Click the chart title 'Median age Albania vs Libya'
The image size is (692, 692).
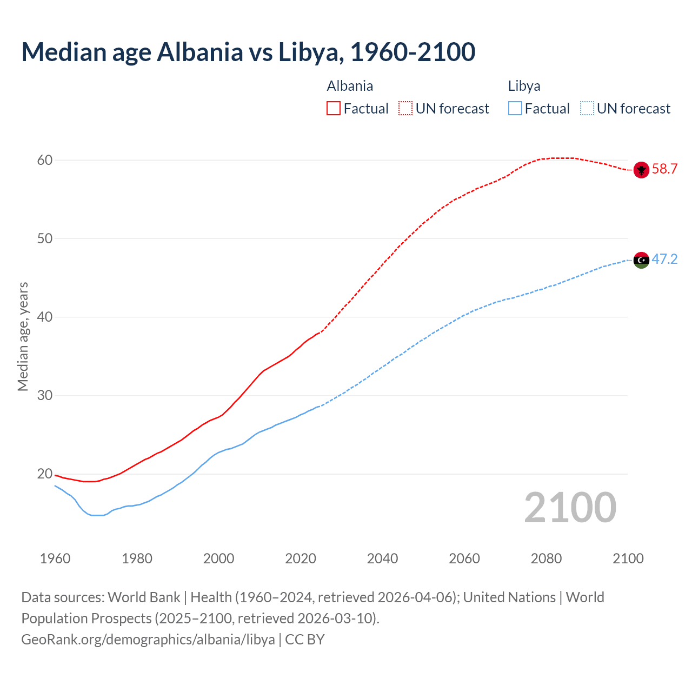[x=248, y=52]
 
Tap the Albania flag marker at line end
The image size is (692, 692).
[x=641, y=170]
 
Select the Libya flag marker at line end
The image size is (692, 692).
[x=641, y=260]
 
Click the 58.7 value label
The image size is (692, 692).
[x=664, y=169]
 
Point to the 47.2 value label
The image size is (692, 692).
[x=664, y=259]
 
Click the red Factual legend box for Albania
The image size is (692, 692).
[x=334, y=109]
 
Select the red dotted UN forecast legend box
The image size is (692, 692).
[x=405, y=109]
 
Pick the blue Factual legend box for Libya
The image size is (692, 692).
[x=515, y=109]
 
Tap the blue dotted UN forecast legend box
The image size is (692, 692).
[x=587, y=109]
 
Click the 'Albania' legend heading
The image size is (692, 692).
[x=350, y=86]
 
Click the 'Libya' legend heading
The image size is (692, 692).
[x=524, y=86]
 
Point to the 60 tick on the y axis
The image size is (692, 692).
[x=45, y=160]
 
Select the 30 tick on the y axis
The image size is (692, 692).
[x=45, y=396]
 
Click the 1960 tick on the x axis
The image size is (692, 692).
[x=55, y=558]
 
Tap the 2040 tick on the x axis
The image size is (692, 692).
[x=382, y=558]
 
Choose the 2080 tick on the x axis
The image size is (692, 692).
[x=546, y=558]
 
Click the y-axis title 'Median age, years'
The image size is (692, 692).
[x=23, y=336]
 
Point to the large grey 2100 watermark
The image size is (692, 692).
[x=570, y=507]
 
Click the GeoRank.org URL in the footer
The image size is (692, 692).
[x=148, y=640]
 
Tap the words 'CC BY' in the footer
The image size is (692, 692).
[x=305, y=640]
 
